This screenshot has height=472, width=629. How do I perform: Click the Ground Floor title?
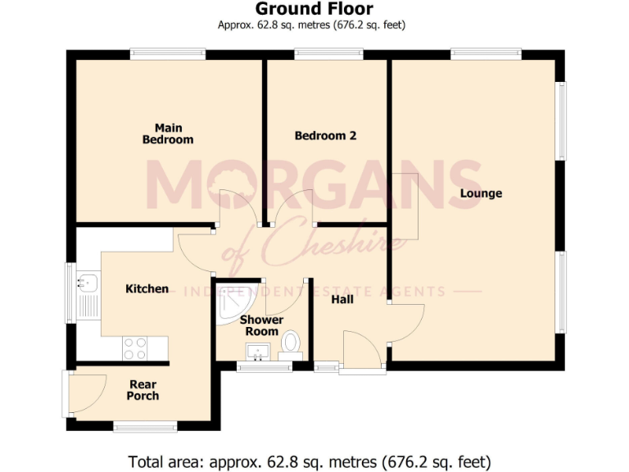[x=314, y=9]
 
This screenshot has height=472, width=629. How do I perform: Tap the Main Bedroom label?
[x=168, y=134]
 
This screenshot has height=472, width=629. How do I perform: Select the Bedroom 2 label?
[x=325, y=135]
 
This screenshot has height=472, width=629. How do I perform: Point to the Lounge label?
[x=481, y=193]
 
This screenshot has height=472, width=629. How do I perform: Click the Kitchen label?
[x=147, y=288]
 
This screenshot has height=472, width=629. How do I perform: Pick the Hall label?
[x=342, y=300]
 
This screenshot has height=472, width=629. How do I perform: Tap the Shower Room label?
[x=262, y=325]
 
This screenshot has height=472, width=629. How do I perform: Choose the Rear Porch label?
[x=143, y=390]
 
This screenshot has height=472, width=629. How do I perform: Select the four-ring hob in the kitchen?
[x=134, y=348]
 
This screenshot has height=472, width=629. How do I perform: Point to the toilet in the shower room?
[x=290, y=343]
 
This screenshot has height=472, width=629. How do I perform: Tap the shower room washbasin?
[x=258, y=353]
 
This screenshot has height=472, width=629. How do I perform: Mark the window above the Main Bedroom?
[x=167, y=54]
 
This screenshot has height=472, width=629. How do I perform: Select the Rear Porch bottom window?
[x=145, y=425]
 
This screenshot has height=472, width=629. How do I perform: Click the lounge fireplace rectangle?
[x=405, y=206]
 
